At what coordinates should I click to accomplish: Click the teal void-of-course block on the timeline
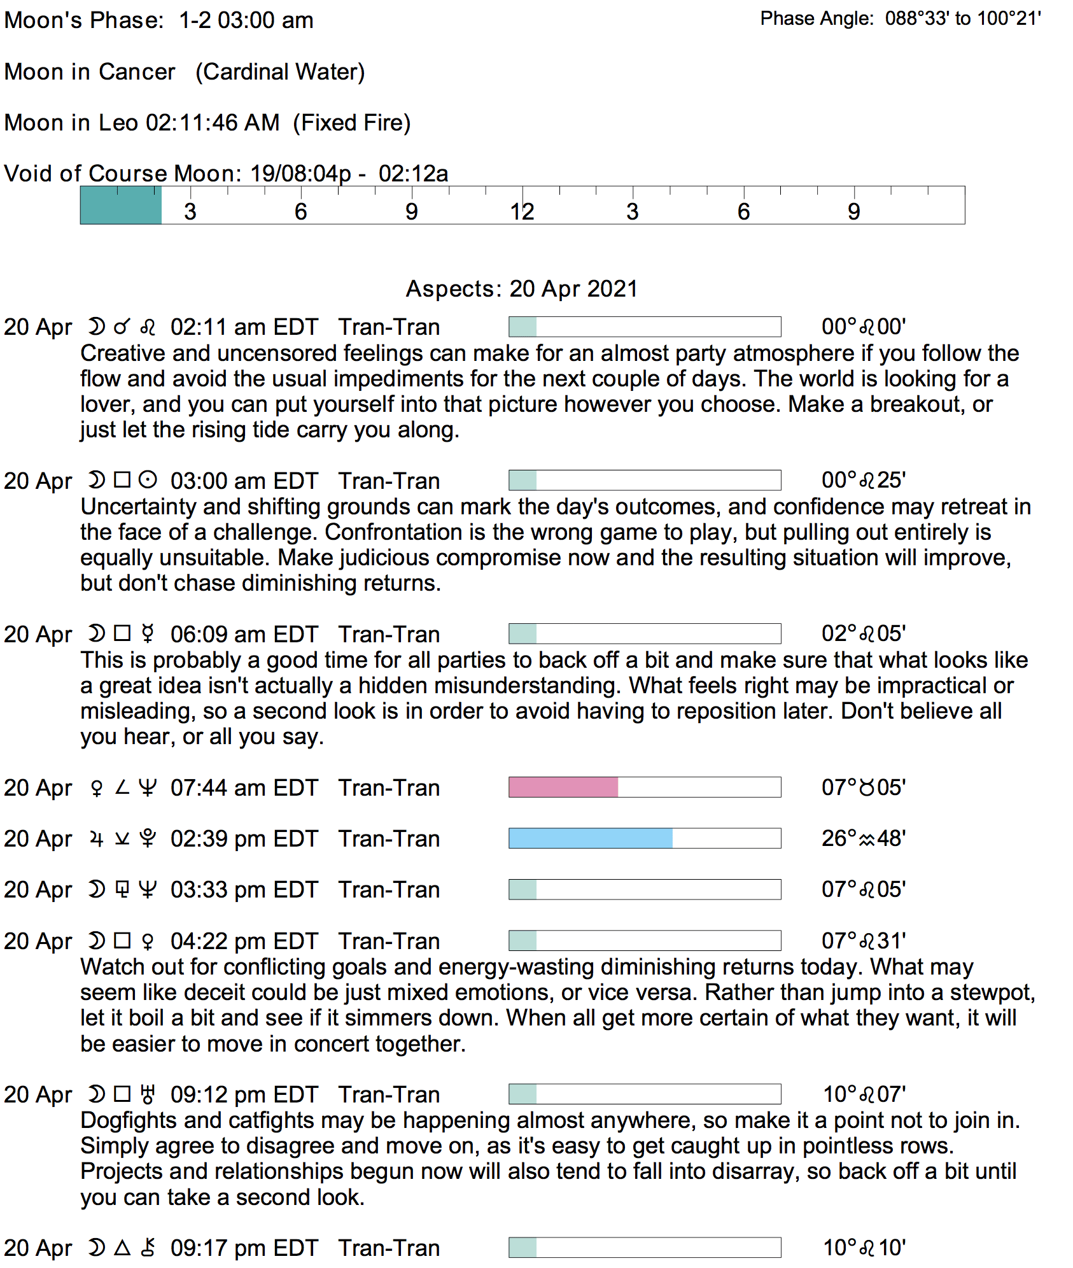click(x=121, y=206)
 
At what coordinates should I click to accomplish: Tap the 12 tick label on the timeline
click(x=522, y=212)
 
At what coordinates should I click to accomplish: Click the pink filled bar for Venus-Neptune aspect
click(x=563, y=787)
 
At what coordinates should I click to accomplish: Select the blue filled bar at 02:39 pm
click(x=591, y=838)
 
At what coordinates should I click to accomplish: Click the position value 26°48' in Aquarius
click(x=864, y=838)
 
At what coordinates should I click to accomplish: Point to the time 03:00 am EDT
click(x=244, y=481)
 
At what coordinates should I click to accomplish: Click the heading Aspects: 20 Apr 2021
click(x=521, y=289)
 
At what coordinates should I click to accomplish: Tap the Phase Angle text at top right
click(x=901, y=18)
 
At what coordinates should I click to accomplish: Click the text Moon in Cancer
click(x=90, y=72)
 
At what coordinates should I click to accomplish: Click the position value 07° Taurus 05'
click(x=864, y=787)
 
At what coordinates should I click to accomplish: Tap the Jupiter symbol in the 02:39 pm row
click(x=96, y=839)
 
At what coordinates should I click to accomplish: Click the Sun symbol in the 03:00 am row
click(x=148, y=480)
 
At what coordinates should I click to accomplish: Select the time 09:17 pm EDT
click(x=244, y=1248)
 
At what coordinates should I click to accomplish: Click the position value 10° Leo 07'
click(x=864, y=1094)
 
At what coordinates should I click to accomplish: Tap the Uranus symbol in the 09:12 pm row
click(x=148, y=1094)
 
